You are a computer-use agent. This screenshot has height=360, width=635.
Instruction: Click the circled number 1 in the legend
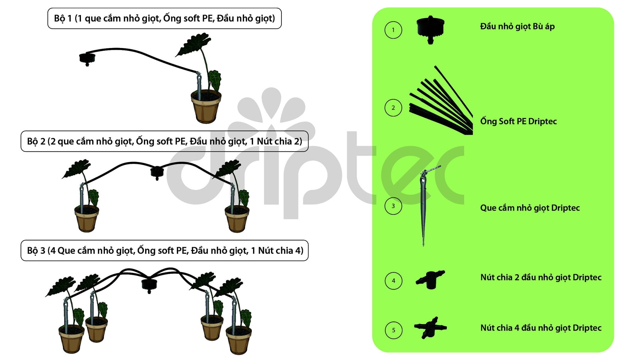(x=393, y=30)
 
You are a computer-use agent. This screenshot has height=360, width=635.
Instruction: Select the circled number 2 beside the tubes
(x=393, y=108)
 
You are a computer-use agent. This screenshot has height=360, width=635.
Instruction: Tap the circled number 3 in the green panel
(x=393, y=206)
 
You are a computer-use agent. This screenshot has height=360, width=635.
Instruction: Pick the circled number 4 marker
(x=393, y=281)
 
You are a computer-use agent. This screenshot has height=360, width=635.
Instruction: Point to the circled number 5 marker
(x=393, y=330)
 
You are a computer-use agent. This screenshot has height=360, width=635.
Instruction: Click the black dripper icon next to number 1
(x=431, y=29)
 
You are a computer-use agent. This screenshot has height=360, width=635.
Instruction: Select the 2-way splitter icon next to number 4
(x=430, y=280)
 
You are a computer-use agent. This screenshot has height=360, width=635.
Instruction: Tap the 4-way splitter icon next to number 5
(x=430, y=328)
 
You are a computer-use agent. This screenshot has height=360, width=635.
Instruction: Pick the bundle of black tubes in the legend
(x=441, y=102)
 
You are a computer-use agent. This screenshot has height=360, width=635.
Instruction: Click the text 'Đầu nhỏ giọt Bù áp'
(x=517, y=27)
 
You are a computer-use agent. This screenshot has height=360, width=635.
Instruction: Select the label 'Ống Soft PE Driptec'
(x=518, y=121)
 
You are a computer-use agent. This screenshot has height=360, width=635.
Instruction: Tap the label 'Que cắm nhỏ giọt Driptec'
(x=530, y=208)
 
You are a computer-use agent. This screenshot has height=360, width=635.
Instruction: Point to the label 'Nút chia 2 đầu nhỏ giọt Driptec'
(x=541, y=277)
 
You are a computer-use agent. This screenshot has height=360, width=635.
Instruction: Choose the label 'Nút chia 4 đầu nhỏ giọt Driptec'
(x=541, y=328)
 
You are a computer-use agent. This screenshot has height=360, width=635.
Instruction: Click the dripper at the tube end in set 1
(x=87, y=59)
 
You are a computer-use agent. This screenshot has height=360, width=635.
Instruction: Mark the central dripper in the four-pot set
(x=149, y=285)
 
